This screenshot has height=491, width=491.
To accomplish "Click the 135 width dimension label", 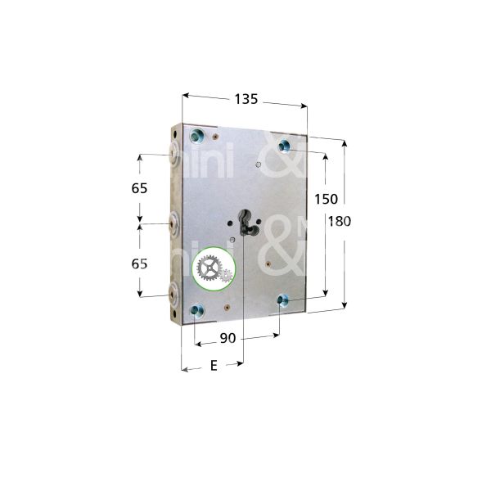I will pyautogui.click(x=246, y=99).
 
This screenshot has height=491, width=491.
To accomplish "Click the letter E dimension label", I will pyautogui.click(x=214, y=366).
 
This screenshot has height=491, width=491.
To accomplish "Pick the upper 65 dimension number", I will pyautogui.click(x=139, y=188).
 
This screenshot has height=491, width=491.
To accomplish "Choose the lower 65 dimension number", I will pyautogui.click(x=139, y=264).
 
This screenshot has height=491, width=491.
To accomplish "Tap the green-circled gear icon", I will pyautogui.click(x=214, y=268).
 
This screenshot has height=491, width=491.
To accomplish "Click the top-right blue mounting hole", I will pyautogui.click(x=285, y=146).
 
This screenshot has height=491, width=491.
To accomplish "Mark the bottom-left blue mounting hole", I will pyautogui.click(x=196, y=309).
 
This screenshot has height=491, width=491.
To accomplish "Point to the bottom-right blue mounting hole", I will pyautogui.click(x=282, y=299).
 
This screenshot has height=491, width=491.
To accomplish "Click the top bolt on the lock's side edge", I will pyautogui.click(x=173, y=152).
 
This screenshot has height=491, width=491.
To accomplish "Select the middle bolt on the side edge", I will pyautogui.click(x=173, y=222).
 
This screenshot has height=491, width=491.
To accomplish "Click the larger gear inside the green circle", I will pyautogui.click(x=209, y=268).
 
